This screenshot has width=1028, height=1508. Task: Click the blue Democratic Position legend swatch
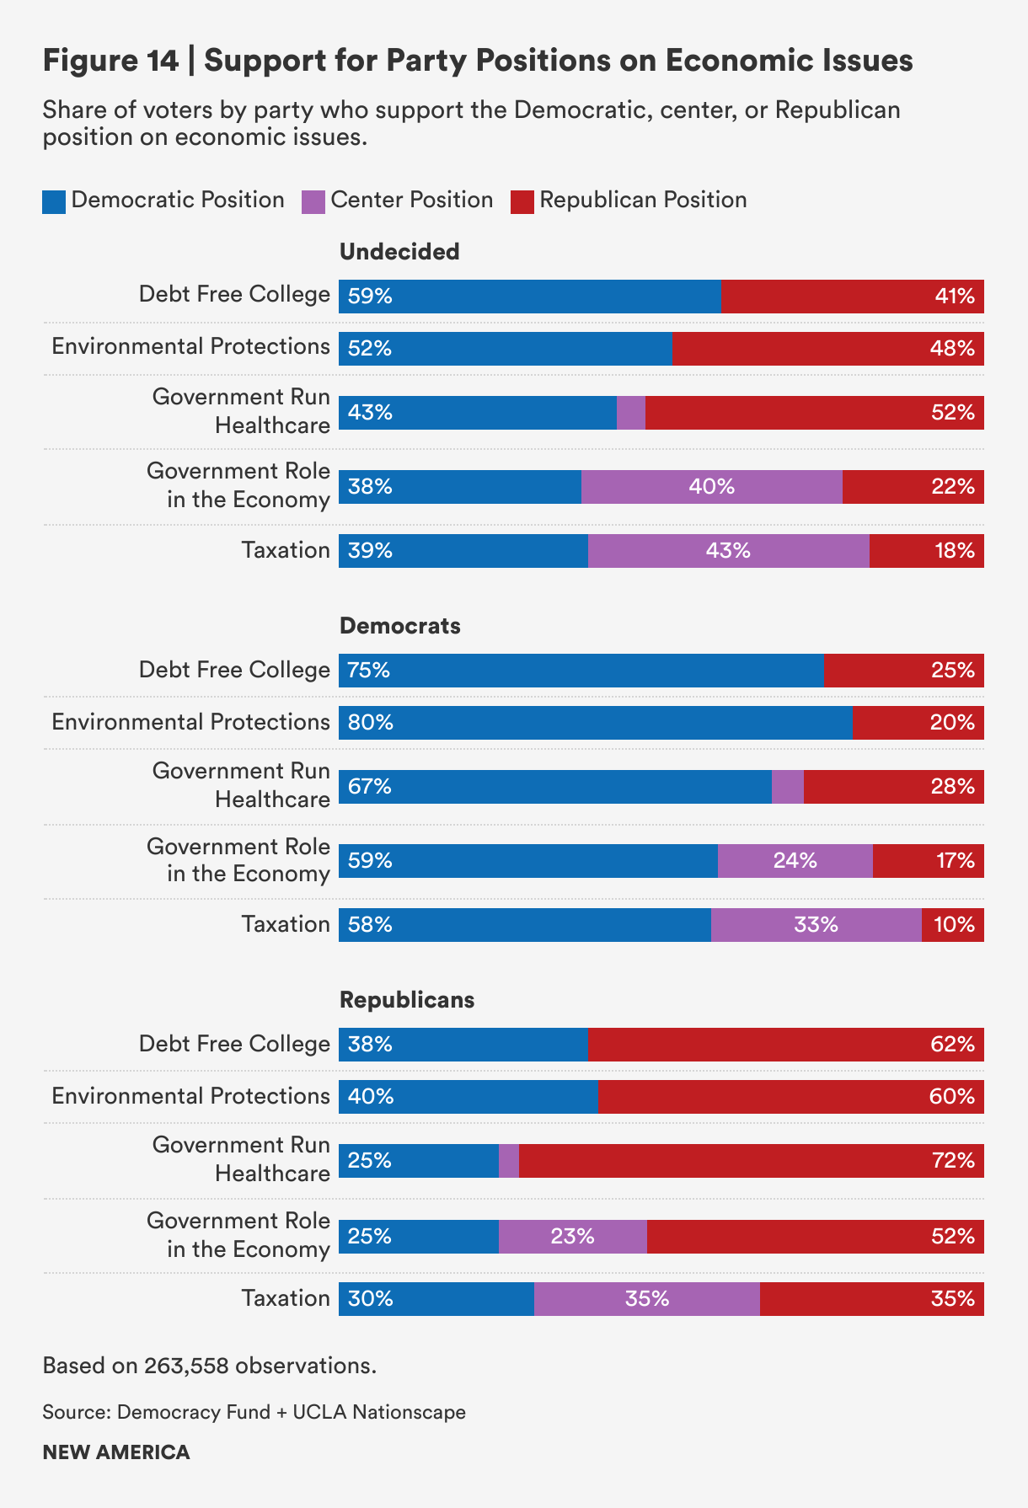(54, 202)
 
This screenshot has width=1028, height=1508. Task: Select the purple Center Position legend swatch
(313, 202)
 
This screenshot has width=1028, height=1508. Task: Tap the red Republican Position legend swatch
(522, 202)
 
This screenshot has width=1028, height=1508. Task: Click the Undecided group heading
(399, 252)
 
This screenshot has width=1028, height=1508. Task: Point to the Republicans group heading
(407, 1000)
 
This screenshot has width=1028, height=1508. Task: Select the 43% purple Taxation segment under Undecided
(728, 551)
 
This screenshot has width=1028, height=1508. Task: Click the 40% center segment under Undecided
(711, 487)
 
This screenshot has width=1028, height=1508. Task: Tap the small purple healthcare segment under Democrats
(787, 787)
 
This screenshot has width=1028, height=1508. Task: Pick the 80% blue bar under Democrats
(595, 723)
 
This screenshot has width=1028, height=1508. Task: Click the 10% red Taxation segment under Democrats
(952, 925)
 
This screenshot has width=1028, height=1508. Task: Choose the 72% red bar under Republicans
(751, 1161)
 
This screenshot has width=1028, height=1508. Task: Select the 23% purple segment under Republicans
(572, 1237)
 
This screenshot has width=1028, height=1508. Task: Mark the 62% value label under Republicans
(953, 1045)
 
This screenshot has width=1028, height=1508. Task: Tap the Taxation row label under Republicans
(286, 1298)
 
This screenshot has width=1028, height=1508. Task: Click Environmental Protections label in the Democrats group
(190, 722)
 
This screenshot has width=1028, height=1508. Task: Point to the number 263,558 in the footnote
(186, 1366)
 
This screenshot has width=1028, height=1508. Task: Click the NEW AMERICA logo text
(116, 1452)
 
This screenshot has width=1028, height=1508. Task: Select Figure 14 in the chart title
(110, 61)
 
